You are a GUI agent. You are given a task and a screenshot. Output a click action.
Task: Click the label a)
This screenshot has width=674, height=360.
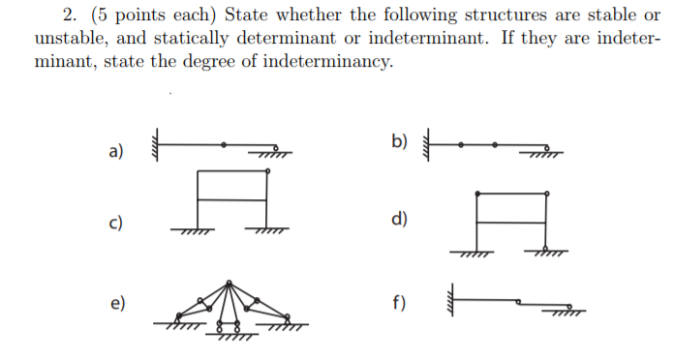(116, 151)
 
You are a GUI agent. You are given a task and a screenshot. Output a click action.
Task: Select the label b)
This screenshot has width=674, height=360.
(400, 142)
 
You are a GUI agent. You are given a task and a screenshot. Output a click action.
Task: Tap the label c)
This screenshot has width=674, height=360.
(115, 223)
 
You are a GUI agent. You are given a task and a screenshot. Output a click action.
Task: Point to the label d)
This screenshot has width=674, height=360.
(398, 218)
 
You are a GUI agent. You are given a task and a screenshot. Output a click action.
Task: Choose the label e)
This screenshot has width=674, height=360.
(117, 304)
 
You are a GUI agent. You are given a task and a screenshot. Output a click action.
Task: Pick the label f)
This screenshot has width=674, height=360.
(399, 303)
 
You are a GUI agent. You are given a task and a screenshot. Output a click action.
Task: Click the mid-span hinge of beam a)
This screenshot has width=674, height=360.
(225, 144)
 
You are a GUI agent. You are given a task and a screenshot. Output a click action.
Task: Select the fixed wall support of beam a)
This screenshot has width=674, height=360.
(153, 145)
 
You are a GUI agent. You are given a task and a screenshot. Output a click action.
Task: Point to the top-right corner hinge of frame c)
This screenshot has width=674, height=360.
(265, 172)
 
